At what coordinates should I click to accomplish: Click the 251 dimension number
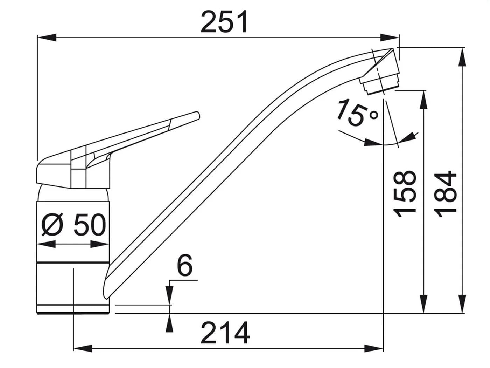[x=224, y=22]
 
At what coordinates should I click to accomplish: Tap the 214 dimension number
[x=225, y=333]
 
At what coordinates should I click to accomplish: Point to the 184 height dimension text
[x=445, y=194]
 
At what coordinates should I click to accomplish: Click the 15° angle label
[x=358, y=113]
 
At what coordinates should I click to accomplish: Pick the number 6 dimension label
[x=184, y=265]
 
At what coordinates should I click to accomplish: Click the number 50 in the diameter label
[x=90, y=225]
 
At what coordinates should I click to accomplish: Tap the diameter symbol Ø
[x=52, y=225]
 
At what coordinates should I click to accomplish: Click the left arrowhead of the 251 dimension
[x=47, y=38]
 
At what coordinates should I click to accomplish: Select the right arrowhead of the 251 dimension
[x=390, y=38]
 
